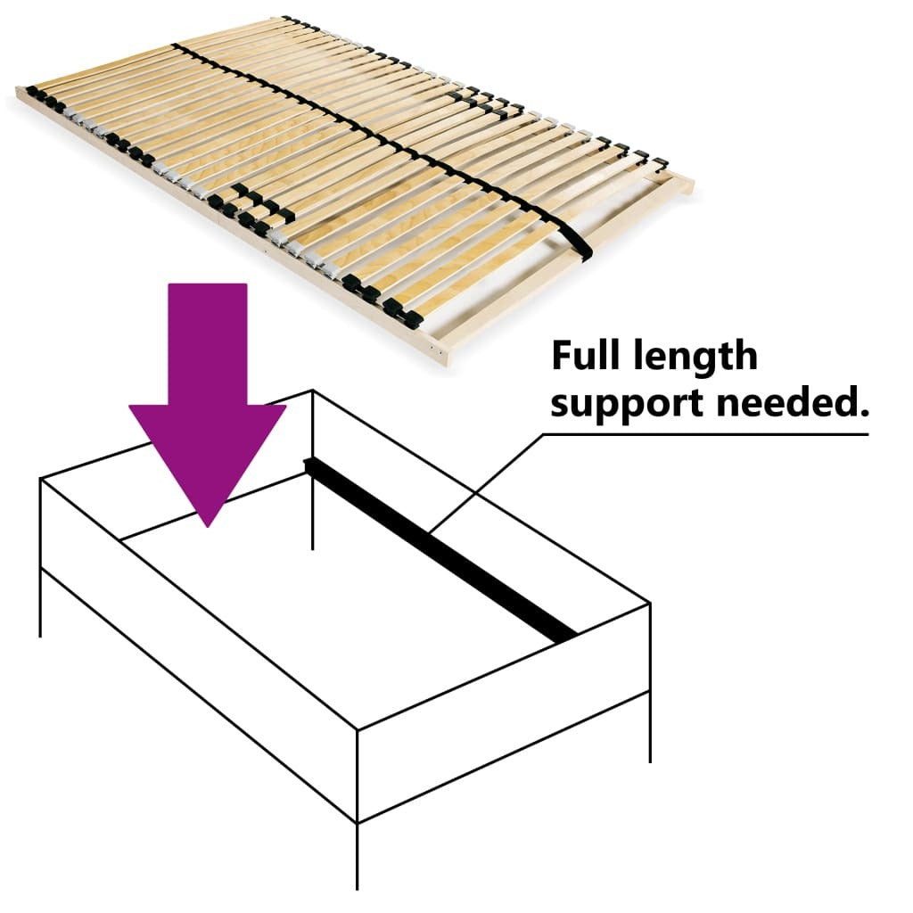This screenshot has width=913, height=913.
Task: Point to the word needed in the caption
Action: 781,403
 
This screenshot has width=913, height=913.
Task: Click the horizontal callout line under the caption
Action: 704,434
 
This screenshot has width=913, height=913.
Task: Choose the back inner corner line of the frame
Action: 312,499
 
